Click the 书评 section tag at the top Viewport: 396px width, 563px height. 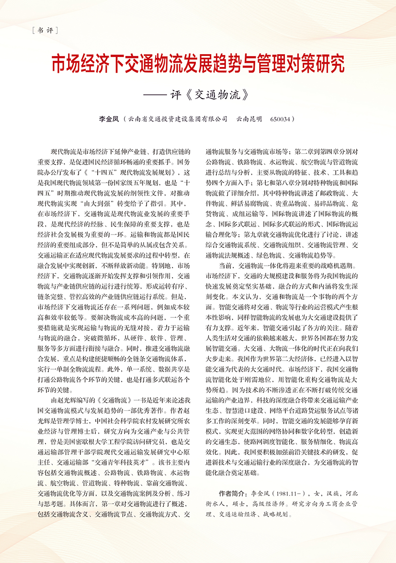44,31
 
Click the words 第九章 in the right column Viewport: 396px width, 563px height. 253,234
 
